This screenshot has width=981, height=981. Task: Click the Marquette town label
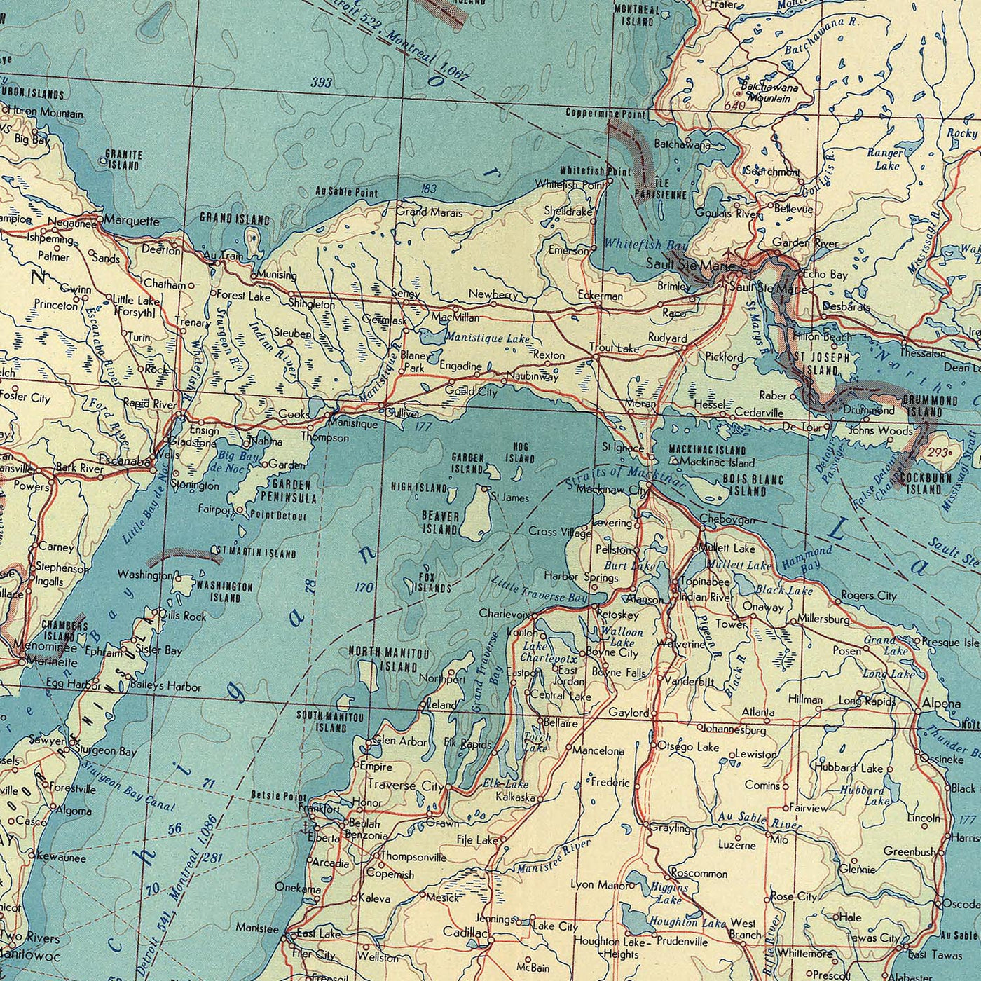click(x=133, y=221)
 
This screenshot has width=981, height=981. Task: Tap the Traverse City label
click(x=403, y=786)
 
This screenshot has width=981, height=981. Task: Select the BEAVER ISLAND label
click(x=441, y=523)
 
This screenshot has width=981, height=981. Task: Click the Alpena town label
click(x=942, y=703)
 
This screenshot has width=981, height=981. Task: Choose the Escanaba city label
click(x=125, y=462)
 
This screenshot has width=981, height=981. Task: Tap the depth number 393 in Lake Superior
click(x=322, y=83)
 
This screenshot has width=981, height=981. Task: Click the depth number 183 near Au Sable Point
click(x=429, y=188)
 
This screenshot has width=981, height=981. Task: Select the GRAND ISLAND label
click(x=235, y=219)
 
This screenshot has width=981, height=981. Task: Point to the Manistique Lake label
click(x=488, y=338)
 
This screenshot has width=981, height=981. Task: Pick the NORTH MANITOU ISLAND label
click(x=388, y=659)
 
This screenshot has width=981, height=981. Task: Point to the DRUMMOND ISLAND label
click(x=930, y=406)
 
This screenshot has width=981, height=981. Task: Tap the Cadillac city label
click(x=465, y=933)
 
